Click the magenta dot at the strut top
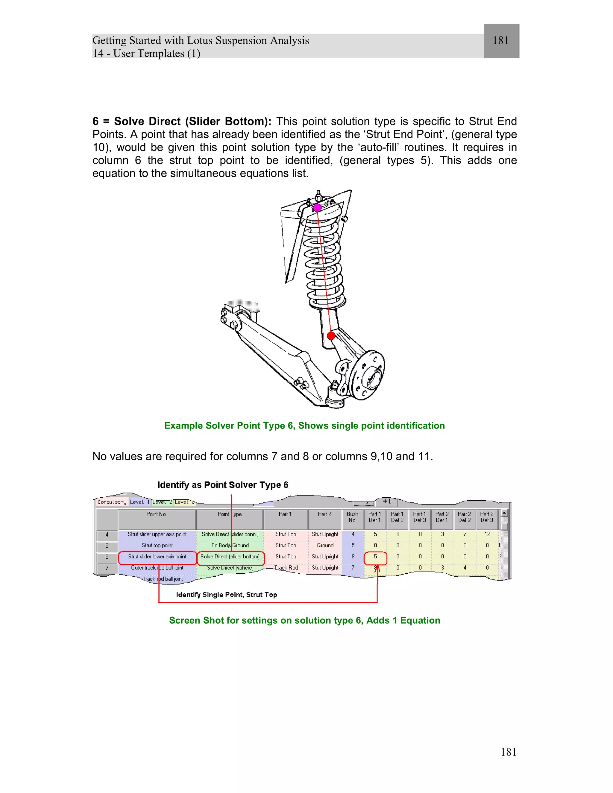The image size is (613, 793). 317,208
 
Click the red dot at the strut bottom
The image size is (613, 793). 331,336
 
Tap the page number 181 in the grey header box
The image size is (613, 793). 500,40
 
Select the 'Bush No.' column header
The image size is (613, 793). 352,517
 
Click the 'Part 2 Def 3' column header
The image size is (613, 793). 487,517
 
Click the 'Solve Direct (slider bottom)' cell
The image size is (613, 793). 230,557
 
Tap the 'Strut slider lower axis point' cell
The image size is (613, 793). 157,557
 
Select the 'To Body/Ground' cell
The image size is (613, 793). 230,545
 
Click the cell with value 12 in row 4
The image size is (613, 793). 487,534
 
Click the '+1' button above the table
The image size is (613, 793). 387,502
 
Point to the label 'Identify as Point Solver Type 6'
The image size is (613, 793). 223,485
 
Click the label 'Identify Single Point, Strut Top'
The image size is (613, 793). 227,595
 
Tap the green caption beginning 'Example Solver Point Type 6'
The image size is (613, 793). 304,426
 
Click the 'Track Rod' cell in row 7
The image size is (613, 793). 286,567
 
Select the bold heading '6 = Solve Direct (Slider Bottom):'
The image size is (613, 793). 182,121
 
